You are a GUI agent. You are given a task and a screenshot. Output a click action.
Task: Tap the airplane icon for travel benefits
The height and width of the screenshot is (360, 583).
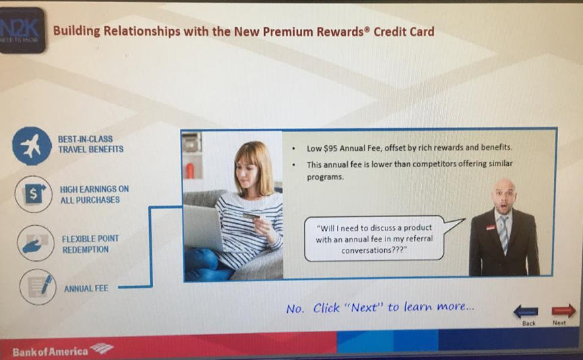click(x=32, y=146)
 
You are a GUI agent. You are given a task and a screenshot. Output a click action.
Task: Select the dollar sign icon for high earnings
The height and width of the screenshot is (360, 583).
click(x=34, y=193)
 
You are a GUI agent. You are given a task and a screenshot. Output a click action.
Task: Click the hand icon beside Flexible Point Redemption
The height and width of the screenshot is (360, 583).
click(x=36, y=243)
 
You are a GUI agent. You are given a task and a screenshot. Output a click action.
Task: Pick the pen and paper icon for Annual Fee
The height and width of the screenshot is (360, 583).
click(x=38, y=287)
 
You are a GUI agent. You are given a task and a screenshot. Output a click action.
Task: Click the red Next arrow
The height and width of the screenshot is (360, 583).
click(x=563, y=311)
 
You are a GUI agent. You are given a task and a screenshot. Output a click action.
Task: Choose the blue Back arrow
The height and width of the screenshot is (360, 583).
click(x=526, y=311)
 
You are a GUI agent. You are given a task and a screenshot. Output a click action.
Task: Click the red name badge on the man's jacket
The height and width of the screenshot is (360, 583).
click(x=491, y=226)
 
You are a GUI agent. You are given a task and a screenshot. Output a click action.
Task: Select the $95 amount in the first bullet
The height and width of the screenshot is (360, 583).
click(x=330, y=148)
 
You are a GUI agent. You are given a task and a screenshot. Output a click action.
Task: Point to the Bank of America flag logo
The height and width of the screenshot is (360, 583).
click(x=102, y=349)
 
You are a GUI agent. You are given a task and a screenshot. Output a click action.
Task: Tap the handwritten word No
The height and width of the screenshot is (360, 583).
click(x=295, y=309)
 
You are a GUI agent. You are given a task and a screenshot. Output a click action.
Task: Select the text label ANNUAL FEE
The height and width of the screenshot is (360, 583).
click(x=86, y=289)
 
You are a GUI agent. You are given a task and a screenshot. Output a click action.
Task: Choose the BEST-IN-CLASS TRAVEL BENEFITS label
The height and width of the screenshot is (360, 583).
click(x=91, y=144)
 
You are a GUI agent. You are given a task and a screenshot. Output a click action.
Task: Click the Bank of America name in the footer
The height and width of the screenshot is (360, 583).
click(x=50, y=352)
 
